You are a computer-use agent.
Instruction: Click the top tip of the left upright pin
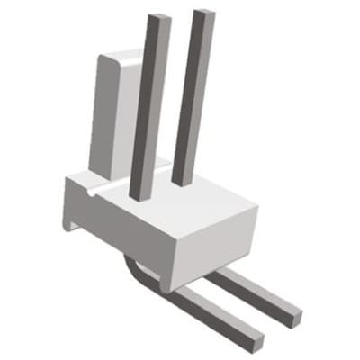point(158,18)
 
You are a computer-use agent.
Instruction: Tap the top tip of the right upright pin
point(203,13)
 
